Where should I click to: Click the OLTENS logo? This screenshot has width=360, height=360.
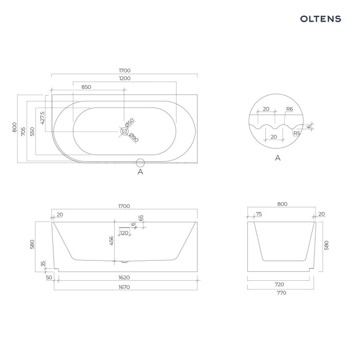(x=321, y=19)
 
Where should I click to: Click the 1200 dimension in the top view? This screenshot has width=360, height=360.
(x=125, y=78)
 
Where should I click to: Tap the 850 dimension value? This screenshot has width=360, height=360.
(x=86, y=87)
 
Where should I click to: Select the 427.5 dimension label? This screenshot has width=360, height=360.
(x=42, y=118)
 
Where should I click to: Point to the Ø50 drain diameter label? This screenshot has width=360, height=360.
(x=130, y=122)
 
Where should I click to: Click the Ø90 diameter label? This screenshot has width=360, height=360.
(x=134, y=138)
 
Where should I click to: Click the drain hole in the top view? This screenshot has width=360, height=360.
(x=124, y=132)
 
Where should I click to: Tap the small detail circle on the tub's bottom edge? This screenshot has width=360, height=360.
(x=140, y=163)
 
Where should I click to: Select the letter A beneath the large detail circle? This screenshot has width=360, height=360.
(x=278, y=158)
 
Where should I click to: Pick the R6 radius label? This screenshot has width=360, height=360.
(x=289, y=109)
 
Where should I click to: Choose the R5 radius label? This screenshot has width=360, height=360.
(x=297, y=133)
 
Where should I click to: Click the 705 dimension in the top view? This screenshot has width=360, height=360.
(x=23, y=132)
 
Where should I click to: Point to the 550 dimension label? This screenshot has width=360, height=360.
(x=32, y=132)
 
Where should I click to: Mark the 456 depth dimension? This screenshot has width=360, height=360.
(x=111, y=240)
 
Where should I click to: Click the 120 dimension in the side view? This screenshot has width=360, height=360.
(x=124, y=233)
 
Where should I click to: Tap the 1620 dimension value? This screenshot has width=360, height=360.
(x=124, y=277)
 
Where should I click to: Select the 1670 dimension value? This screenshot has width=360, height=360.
(x=124, y=287)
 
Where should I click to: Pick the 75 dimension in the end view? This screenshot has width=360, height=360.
(x=259, y=214)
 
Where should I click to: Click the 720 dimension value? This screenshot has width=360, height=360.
(x=279, y=285)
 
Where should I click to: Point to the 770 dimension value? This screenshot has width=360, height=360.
(x=281, y=293)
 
